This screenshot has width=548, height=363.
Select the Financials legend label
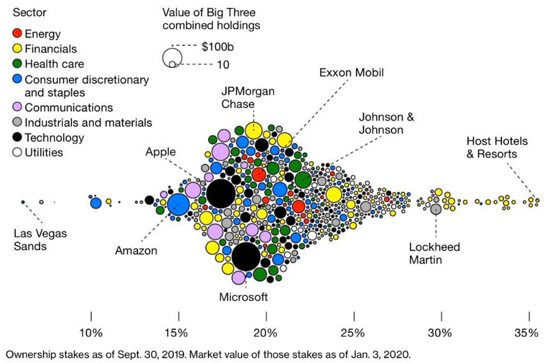[50, 48]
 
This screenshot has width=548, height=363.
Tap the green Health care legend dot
[17, 64]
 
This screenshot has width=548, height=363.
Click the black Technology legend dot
[17, 137]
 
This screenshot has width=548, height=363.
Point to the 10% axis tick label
[91, 333]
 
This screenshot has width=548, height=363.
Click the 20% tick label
[266, 333]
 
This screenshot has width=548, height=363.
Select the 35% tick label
[527, 333]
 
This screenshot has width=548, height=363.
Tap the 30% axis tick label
[440, 333]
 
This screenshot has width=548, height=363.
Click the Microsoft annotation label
[243, 297]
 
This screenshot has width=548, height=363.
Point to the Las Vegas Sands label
[40, 240]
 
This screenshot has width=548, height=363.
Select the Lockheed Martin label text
[435, 253]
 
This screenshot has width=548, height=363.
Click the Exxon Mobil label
[352, 72]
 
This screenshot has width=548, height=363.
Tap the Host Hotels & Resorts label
[492, 147]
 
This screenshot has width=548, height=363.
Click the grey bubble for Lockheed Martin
[435, 209]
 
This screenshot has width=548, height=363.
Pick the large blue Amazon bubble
[178, 206]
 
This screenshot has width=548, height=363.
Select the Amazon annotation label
[136, 251]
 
